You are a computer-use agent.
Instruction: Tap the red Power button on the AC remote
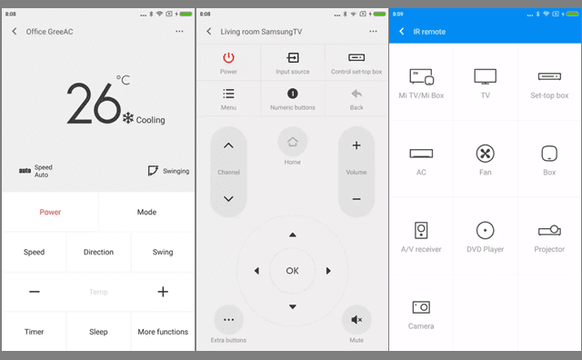pyautogui.click(x=50, y=212)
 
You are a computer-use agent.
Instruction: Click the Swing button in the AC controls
pyautogui.click(x=163, y=252)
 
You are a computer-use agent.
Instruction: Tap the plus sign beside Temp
pyautogui.click(x=163, y=292)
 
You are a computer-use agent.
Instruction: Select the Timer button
pyautogui.click(x=35, y=332)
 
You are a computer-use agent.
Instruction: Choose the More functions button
pyautogui.click(x=163, y=332)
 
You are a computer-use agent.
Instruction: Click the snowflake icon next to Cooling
pyautogui.click(x=128, y=118)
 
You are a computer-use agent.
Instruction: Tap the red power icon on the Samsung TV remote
pyautogui.click(x=228, y=57)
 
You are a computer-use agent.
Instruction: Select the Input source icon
pyautogui.click(x=293, y=57)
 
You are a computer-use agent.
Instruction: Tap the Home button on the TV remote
pyautogui.click(x=293, y=142)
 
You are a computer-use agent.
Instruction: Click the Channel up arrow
pyautogui.click(x=228, y=145)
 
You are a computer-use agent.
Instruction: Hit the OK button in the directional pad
pyautogui.click(x=293, y=271)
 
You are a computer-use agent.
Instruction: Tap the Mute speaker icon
pyautogui.click(x=356, y=320)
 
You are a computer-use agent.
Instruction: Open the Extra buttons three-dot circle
pyautogui.click(x=228, y=320)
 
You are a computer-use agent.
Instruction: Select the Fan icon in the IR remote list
pyautogui.click(x=485, y=154)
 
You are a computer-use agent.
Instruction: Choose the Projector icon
pyautogui.click(x=549, y=231)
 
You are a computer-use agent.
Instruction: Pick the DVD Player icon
pyautogui.click(x=485, y=231)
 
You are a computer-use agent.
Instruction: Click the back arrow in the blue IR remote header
pyautogui.click(x=401, y=32)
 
